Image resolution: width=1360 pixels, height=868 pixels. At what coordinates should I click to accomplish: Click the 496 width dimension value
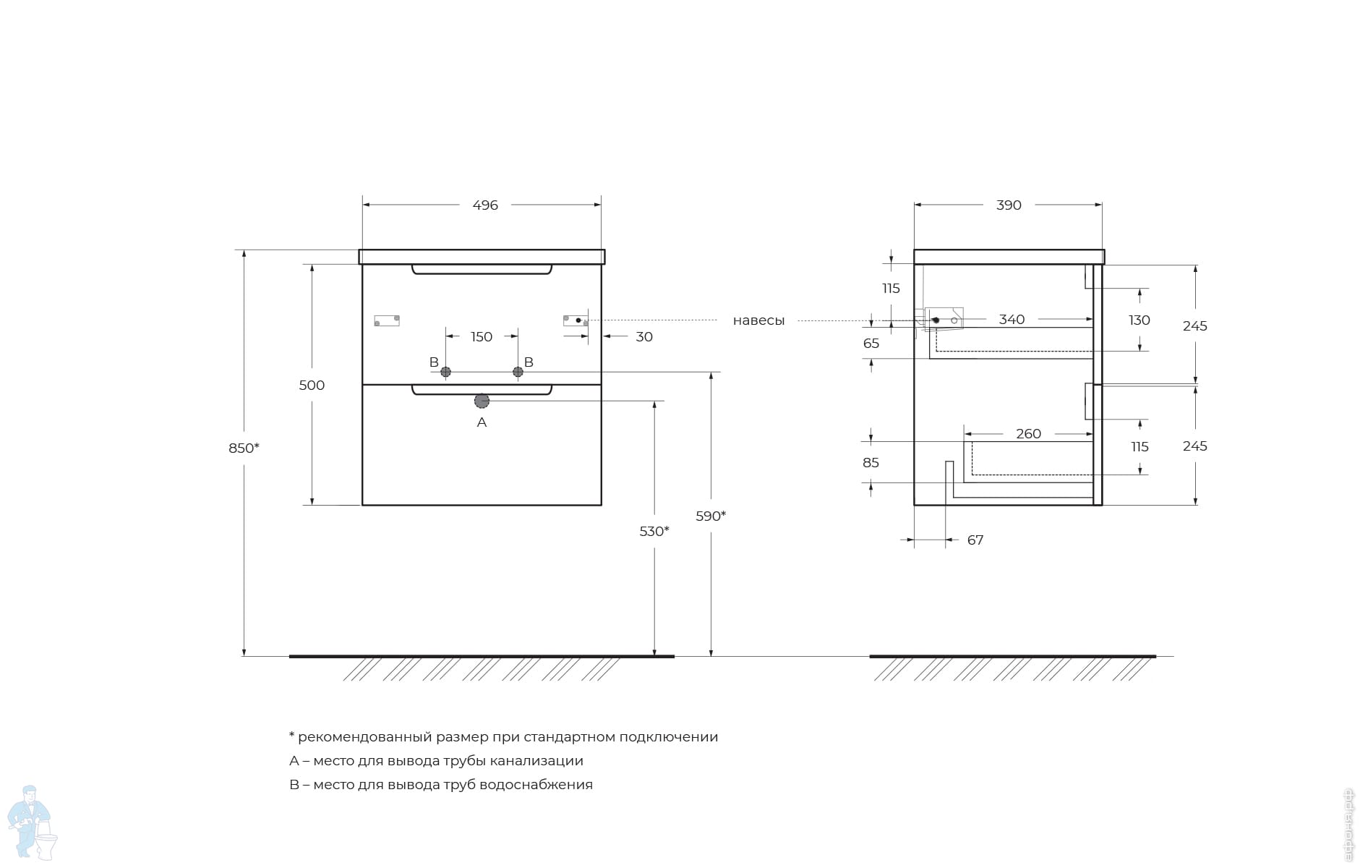485,205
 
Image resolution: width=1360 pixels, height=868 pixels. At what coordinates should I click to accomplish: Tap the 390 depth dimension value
1009,205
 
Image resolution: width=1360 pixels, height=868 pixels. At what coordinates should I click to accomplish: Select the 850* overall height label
244,448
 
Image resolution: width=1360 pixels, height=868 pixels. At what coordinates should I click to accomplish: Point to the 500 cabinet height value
312,386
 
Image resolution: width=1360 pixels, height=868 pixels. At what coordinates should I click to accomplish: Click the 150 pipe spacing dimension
482,337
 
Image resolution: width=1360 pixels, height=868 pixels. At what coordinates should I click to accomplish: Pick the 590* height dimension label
711,516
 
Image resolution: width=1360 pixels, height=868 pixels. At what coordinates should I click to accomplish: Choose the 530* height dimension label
654,532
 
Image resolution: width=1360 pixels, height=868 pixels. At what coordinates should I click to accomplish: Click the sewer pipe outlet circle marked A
482,401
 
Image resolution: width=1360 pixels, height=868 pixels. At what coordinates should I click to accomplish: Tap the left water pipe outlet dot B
445,372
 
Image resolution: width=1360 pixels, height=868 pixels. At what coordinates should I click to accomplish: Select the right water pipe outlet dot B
518,372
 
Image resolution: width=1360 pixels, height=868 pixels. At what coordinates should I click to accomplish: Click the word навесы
758,320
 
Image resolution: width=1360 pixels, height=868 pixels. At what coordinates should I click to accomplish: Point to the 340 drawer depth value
1012,320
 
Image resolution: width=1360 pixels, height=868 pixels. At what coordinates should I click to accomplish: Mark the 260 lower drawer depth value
1028,434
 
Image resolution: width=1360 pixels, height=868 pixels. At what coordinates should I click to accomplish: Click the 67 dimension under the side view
975,540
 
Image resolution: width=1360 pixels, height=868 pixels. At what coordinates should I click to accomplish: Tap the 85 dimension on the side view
871,463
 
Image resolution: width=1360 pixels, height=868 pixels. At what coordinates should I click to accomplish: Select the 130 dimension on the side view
1139,320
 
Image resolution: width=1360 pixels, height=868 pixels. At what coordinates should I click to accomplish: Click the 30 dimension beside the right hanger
644,337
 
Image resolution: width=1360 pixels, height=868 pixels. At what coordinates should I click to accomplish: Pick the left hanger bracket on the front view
387,320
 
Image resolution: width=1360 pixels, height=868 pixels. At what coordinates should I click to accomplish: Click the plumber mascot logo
32,823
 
